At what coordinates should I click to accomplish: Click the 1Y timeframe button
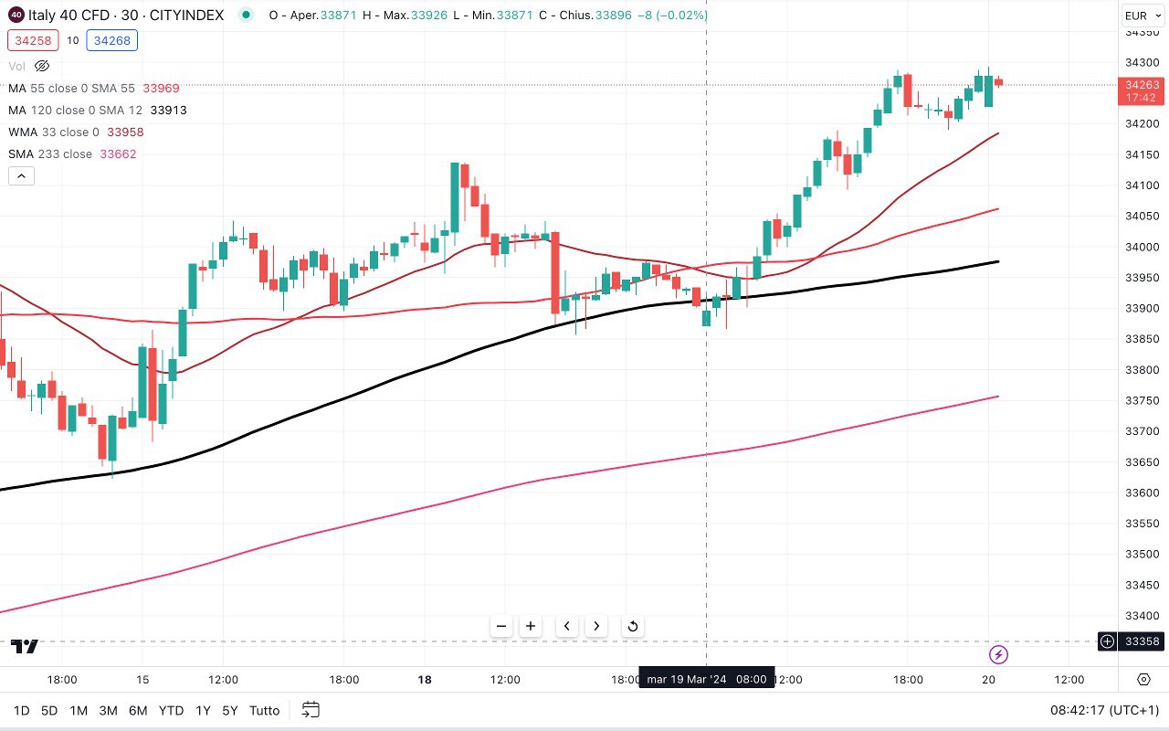click(x=203, y=710)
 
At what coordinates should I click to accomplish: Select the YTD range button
click(x=171, y=710)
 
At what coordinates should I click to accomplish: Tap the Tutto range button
click(x=264, y=710)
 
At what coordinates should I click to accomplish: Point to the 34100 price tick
click(x=1141, y=185)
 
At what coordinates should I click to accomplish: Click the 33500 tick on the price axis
click(x=1141, y=555)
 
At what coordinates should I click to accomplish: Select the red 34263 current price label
click(x=1141, y=90)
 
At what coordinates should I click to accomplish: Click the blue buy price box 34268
click(x=111, y=40)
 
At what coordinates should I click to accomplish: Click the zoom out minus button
click(x=501, y=626)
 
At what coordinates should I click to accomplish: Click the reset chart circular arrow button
click(x=632, y=626)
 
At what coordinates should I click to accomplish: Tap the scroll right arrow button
click(x=596, y=626)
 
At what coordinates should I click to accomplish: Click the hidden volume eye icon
click(x=42, y=66)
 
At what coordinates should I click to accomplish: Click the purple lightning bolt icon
click(x=999, y=654)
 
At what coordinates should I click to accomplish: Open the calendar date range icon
click(x=311, y=710)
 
